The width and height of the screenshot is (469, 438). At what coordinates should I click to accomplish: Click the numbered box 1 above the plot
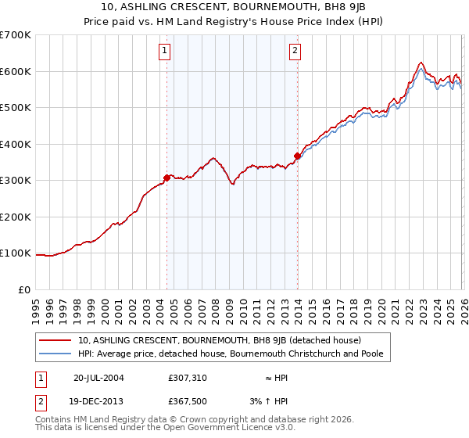pos(165,52)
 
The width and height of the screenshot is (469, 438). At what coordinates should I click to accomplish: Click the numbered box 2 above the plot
pos(295,52)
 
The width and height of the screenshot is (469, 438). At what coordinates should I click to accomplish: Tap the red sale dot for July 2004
pos(167,178)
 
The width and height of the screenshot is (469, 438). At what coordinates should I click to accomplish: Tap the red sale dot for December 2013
pos(297,156)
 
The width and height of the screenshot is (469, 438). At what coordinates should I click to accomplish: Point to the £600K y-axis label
pos(16,71)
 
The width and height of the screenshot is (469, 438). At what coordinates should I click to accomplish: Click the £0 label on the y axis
pos(23,289)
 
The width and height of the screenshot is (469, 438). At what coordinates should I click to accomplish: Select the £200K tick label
pos(16,217)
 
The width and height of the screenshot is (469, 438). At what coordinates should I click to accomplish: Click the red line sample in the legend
pos(56,341)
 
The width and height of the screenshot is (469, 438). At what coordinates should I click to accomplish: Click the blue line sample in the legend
pos(56,354)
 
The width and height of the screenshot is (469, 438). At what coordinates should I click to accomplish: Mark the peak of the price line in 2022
pos(421,63)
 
